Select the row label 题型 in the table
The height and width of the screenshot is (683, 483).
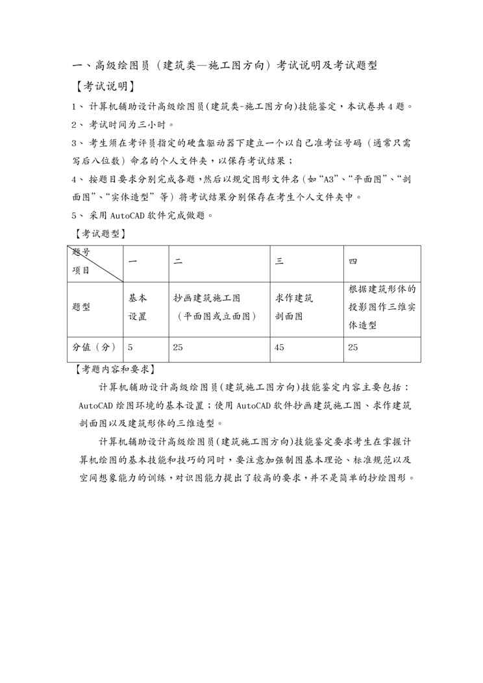pyautogui.click(x=82, y=308)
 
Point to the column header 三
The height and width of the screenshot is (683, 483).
pyautogui.click(x=279, y=262)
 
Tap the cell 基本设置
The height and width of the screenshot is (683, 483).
pyautogui.click(x=138, y=308)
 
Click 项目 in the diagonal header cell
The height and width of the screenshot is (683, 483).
pyautogui.click(x=81, y=270)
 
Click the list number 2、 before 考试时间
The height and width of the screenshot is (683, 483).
pyautogui.click(x=77, y=124)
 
